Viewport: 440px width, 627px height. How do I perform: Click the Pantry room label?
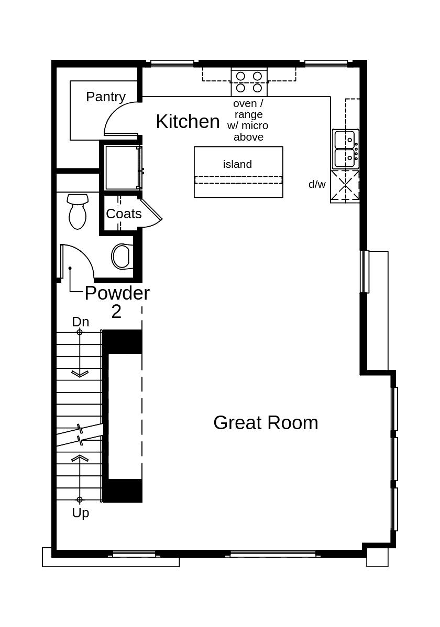coord(106,97)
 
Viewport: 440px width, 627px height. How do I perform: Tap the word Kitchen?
coord(188,121)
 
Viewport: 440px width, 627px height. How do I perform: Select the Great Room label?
coord(266,422)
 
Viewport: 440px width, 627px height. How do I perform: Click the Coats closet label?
coord(124,214)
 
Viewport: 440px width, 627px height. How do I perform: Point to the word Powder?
coord(117,293)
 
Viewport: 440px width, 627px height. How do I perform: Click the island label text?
coord(237,164)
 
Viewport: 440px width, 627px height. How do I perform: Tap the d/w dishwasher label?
coord(317,184)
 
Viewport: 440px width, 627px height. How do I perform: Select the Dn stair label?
coord(80,322)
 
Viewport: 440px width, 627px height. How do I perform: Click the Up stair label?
coord(80,513)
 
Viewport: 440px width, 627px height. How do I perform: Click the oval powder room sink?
coord(121,257)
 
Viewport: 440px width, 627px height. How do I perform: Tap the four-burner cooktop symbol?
coord(249,82)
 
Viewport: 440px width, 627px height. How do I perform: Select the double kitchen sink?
coord(346,148)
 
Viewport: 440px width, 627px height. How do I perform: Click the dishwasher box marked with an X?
coord(345,186)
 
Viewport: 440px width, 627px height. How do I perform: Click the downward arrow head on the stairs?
coord(80,374)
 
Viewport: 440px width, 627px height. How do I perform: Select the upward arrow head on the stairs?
coord(80,458)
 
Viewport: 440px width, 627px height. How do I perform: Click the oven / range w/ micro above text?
coord(248,120)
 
